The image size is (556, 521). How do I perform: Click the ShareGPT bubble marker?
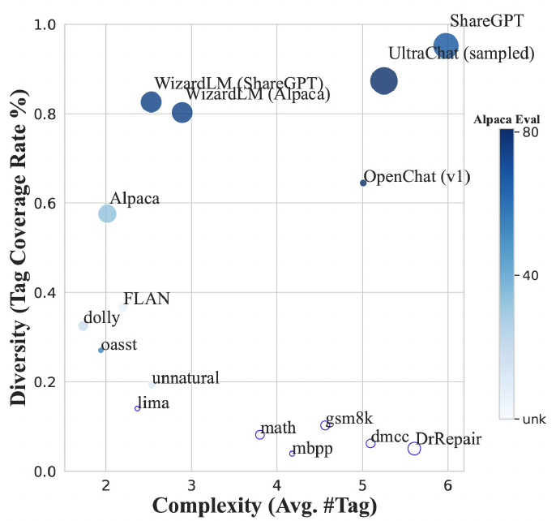(447, 45)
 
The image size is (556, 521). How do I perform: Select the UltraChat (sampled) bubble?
(383, 80)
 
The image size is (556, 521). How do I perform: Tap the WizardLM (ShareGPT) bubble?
(151, 101)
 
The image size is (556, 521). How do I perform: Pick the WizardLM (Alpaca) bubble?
(182, 112)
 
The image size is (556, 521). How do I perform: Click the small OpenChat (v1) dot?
(363, 183)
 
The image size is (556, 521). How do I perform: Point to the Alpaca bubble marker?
(107, 213)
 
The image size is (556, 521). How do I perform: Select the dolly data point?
(83, 325)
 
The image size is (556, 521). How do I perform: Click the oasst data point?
(101, 350)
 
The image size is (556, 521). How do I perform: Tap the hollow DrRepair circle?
(414, 449)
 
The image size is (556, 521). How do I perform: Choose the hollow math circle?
(260, 435)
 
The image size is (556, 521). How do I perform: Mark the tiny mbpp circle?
(292, 453)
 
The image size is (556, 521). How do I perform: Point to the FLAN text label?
(147, 299)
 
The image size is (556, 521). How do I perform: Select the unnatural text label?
(186, 378)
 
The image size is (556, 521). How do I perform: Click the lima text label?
(153, 403)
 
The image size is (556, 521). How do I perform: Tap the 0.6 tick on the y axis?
(49, 203)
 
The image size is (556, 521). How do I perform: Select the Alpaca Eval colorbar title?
(507, 119)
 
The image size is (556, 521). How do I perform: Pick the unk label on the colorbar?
(531, 419)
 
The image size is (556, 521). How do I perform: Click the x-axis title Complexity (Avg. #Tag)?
(264, 505)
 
